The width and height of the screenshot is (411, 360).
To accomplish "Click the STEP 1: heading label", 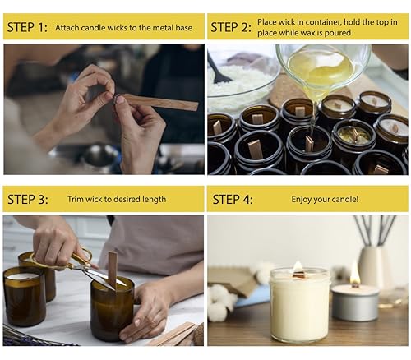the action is click(x=27, y=27).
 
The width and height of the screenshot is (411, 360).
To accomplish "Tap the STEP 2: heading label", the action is click(x=231, y=27).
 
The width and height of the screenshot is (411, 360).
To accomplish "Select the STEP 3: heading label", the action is click(x=28, y=199).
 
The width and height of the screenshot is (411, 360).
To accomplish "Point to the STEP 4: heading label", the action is click(x=233, y=199).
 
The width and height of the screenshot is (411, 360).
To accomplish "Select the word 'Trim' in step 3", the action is click(x=76, y=199).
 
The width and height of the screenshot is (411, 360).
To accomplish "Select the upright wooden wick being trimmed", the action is click(x=113, y=270).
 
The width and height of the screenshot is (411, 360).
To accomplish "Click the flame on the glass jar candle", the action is click(x=298, y=267).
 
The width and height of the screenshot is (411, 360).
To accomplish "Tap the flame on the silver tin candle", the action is click(x=355, y=277).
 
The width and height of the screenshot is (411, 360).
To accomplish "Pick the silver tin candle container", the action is click(x=355, y=302).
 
